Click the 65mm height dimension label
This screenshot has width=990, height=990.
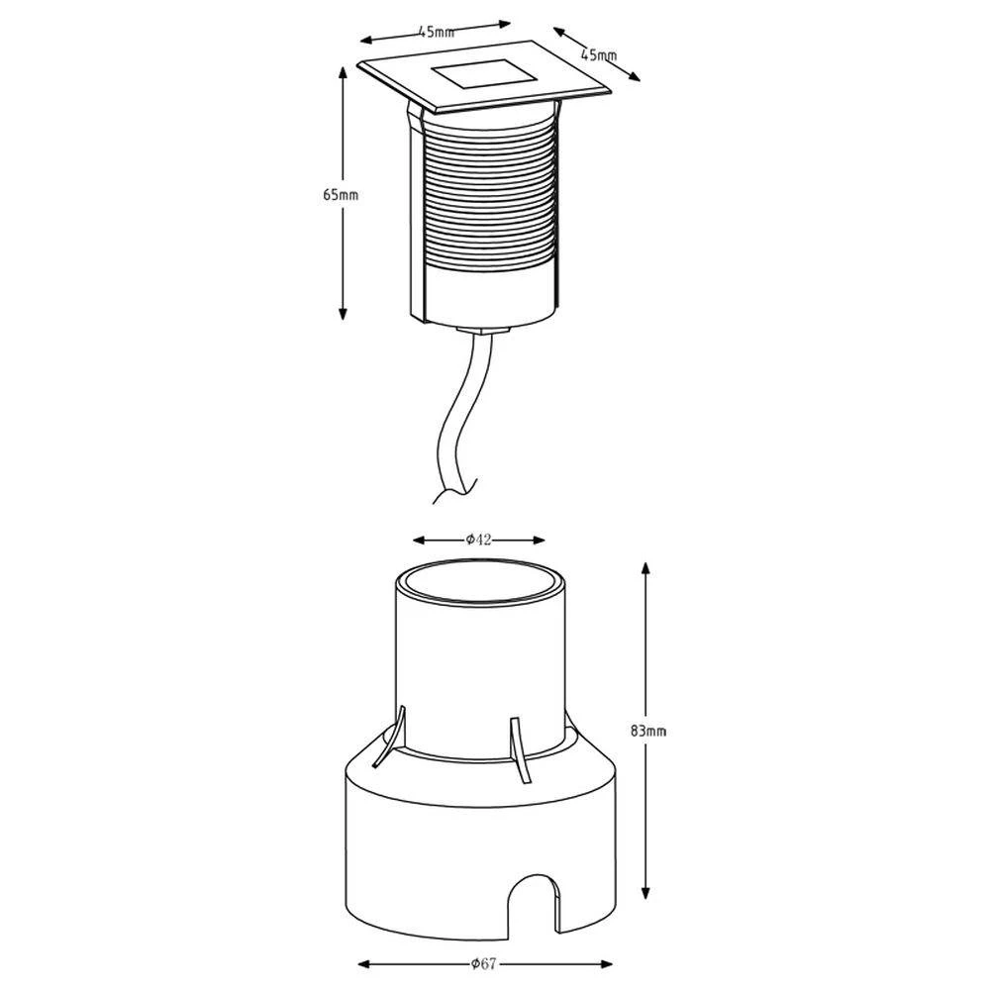[x=341, y=195]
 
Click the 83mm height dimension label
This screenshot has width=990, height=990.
[x=647, y=731]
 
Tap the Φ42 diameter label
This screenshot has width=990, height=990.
[x=478, y=540]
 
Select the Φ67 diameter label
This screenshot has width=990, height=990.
[x=484, y=963]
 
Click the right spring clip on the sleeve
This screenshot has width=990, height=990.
[x=520, y=750]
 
